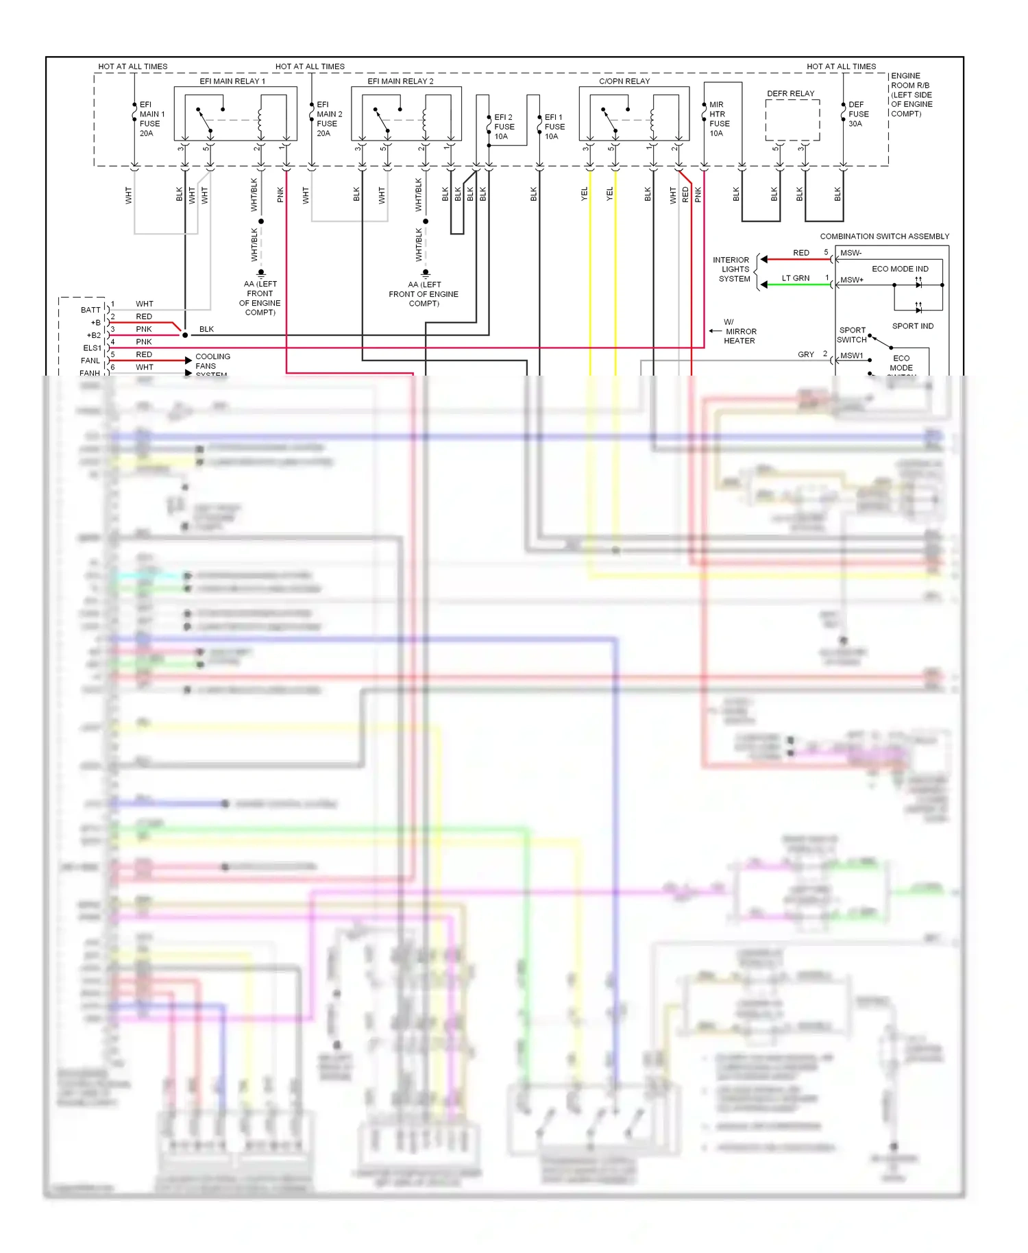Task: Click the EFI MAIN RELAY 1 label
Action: [232, 81]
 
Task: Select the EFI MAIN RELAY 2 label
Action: [400, 81]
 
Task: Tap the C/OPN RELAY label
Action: [624, 81]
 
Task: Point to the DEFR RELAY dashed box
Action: [792, 120]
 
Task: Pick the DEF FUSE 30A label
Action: [858, 114]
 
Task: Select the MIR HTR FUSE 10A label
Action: [719, 119]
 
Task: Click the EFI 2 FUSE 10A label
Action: [504, 127]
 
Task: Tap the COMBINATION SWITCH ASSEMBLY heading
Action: [884, 236]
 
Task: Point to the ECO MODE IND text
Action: [899, 269]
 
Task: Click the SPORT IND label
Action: [912, 326]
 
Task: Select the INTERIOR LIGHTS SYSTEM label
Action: [733, 269]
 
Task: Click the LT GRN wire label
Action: [795, 278]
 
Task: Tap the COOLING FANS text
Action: [212, 361]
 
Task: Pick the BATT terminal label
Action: [90, 310]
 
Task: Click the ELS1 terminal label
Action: [92, 348]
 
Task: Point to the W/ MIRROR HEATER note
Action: [739, 331]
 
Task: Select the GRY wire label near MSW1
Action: [805, 354]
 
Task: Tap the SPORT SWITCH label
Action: [851, 334]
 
